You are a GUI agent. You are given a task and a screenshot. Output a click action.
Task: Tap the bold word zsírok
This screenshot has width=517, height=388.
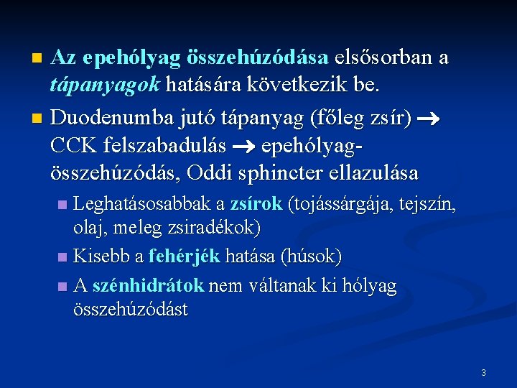(256, 205)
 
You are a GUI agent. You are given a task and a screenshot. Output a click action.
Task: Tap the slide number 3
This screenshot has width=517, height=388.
(483, 373)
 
